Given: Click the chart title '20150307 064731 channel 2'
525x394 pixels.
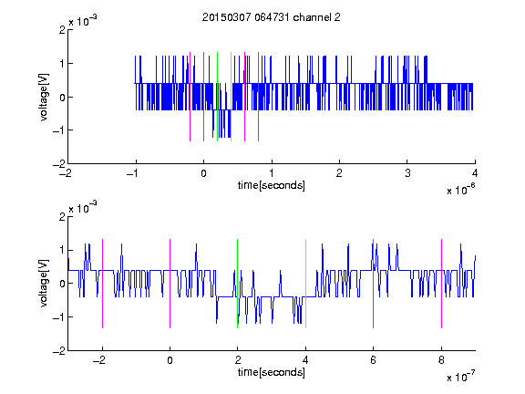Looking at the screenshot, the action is [272, 17].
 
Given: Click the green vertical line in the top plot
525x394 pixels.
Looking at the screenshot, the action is [217, 97].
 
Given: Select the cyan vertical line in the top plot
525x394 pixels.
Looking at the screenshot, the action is [231, 97].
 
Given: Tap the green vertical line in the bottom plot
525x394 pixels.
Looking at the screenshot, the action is [237, 284].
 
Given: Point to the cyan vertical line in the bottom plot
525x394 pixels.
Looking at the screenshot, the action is [305, 284].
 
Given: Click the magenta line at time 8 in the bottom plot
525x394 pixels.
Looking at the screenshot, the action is [442, 284].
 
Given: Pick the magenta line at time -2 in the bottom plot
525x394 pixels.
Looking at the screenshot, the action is [102, 284].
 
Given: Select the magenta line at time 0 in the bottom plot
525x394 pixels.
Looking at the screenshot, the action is [170, 284].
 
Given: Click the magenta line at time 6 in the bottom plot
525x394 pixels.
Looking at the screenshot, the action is [374, 284].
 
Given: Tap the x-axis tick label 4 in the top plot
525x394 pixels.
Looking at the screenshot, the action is [475, 173].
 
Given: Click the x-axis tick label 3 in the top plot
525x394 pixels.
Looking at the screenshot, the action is [407, 173].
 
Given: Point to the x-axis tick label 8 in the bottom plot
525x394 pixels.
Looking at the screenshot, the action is [441, 360].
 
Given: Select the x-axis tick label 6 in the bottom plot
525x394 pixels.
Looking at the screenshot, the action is [374, 360].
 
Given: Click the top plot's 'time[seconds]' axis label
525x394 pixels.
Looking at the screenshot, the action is [272, 185].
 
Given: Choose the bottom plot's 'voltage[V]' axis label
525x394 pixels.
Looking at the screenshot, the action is [44, 284].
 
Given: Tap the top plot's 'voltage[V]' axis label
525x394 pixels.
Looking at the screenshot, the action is [44, 97].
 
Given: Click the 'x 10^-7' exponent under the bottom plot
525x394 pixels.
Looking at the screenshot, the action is [460, 376].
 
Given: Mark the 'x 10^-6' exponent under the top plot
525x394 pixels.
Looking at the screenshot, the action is [460, 189].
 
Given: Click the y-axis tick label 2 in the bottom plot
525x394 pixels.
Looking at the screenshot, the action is [62, 216].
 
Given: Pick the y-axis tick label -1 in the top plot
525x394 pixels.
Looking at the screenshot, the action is [58, 130].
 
